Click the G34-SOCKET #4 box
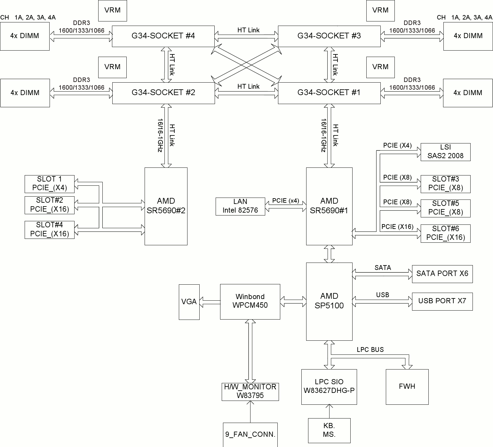[x=163, y=36]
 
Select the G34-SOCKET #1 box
[x=329, y=93]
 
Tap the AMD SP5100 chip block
[x=329, y=301]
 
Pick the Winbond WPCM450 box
[x=250, y=301]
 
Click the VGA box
[x=189, y=302]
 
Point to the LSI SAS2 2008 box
[x=445, y=152]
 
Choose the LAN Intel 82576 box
[x=240, y=206]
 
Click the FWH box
[x=407, y=386]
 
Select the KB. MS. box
[x=329, y=430]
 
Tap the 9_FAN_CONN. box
[x=250, y=435]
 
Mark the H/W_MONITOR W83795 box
[x=250, y=391]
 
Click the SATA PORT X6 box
[x=442, y=274]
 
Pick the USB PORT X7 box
[x=442, y=301]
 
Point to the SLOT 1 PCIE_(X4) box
[x=50, y=184]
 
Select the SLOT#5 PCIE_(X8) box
[x=445, y=208]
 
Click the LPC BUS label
[x=370, y=350]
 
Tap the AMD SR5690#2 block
[x=166, y=206]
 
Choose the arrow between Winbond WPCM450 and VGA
[x=210, y=302]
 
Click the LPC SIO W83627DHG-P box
[x=329, y=386]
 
